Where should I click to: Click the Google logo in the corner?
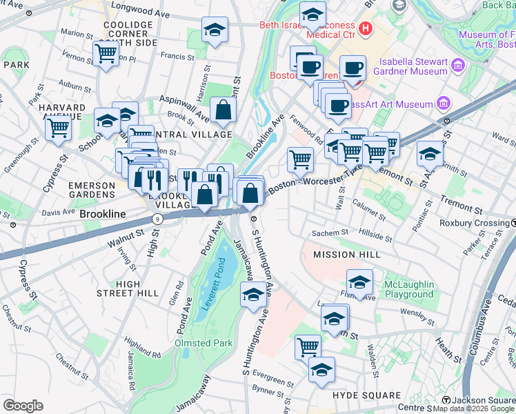pos(23,406)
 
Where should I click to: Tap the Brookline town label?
pos(103,215)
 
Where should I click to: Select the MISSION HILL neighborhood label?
pos(346,255)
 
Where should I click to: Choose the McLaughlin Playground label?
pos(409,289)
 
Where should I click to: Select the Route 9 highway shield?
pos(158,218)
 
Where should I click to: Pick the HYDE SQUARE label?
pos(366,395)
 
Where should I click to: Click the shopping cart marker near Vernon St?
pos(106,52)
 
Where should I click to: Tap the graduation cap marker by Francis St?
pos(215,29)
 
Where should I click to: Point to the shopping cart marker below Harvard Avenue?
pos(59,127)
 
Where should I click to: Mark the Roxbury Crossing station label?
pos(473,223)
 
